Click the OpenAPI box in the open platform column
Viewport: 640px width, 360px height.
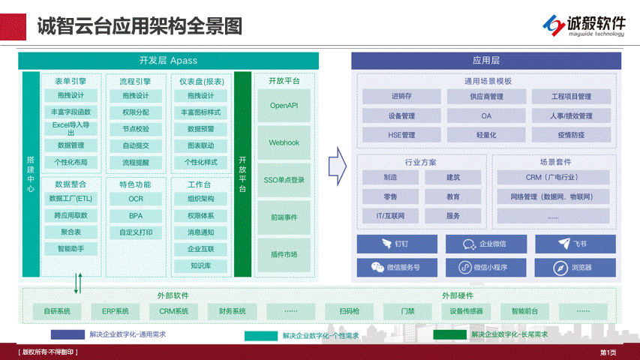[x=284, y=106]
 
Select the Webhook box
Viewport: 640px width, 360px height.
[x=284, y=142]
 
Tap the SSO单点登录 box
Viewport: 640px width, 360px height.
[x=284, y=180]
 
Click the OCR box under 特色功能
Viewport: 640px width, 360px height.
[x=135, y=199]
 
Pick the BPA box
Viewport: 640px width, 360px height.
[x=135, y=215]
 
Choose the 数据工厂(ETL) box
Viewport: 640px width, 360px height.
[x=71, y=199]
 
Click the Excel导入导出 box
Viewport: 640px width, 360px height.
[x=71, y=128]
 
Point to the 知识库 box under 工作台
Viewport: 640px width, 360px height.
[x=200, y=265]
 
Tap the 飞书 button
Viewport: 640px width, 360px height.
[x=575, y=244]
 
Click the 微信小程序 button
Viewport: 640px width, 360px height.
[x=485, y=267]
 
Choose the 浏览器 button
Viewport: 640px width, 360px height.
[x=575, y=267]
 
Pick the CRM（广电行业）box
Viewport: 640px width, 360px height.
[x=553, y=178]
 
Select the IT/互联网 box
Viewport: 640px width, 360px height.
[x=390, y=216]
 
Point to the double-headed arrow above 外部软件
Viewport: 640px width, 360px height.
[x=77, y=283]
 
